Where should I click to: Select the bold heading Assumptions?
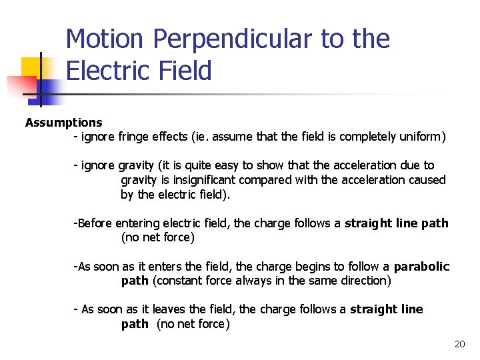(x=64, y=123)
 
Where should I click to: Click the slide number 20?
(x=459, y=344)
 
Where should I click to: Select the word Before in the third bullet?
(x=95, y=223)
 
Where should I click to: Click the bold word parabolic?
(x=422, y=267)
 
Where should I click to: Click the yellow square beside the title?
(x=31, y=67)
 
